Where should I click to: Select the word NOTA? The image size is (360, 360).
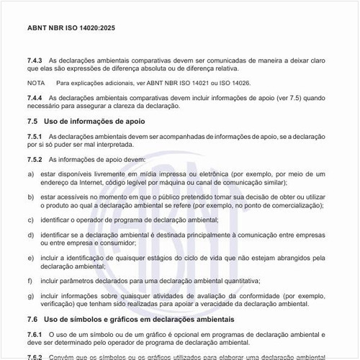click(35, 84)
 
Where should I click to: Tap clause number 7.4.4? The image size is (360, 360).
click(35, 97)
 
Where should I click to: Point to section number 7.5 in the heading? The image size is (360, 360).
click(33, 121)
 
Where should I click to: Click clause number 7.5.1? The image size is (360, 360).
click(35, 136)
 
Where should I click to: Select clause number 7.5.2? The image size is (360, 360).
click(35, 159)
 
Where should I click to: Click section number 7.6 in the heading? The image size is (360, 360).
click(33, 319)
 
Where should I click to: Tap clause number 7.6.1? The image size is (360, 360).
click(35, 334)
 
